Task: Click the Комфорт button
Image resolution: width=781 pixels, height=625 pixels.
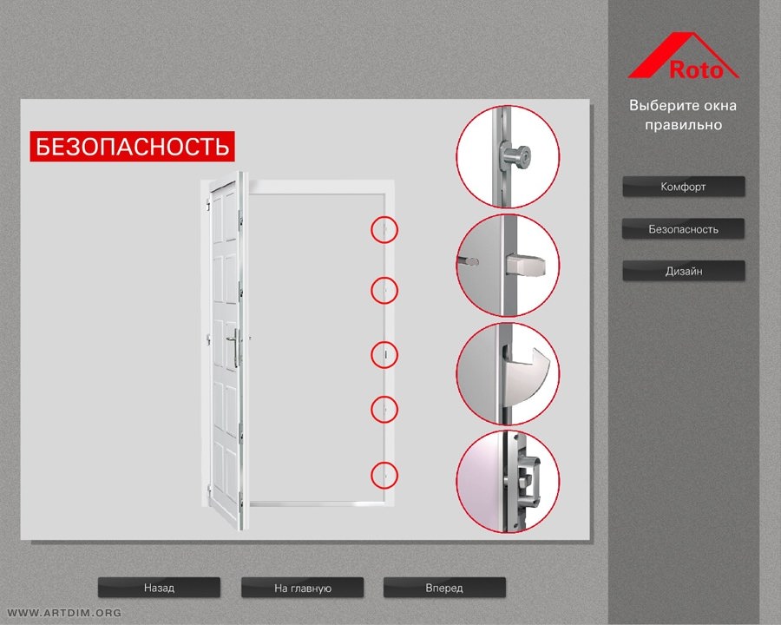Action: pyautogui.click(x=684, y=187)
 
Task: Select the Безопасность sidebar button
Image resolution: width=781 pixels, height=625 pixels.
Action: pyautogui.click(x=684, y=229)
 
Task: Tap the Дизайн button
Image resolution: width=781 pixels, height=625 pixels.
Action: pyautogui.click(x=684, y=271)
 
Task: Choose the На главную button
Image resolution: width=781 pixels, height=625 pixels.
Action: pyautogui.click(x=302, y=588)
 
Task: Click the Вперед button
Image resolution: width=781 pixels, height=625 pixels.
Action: pyautogui.click(x=444, y=588)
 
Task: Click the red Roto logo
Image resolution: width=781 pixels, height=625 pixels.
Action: pyautogui.click(x=684, y=56)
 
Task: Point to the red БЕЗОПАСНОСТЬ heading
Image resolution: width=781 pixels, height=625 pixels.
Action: pyautogui.click(x=132, y=147)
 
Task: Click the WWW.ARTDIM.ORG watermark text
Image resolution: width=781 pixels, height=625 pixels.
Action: pyautogui.click(x=64, y=613)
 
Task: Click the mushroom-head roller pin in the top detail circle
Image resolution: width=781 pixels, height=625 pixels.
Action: pyautogui.click(x=515, y=156)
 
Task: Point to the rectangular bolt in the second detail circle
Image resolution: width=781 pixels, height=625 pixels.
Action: pyautogui.click(x=524, y=264)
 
